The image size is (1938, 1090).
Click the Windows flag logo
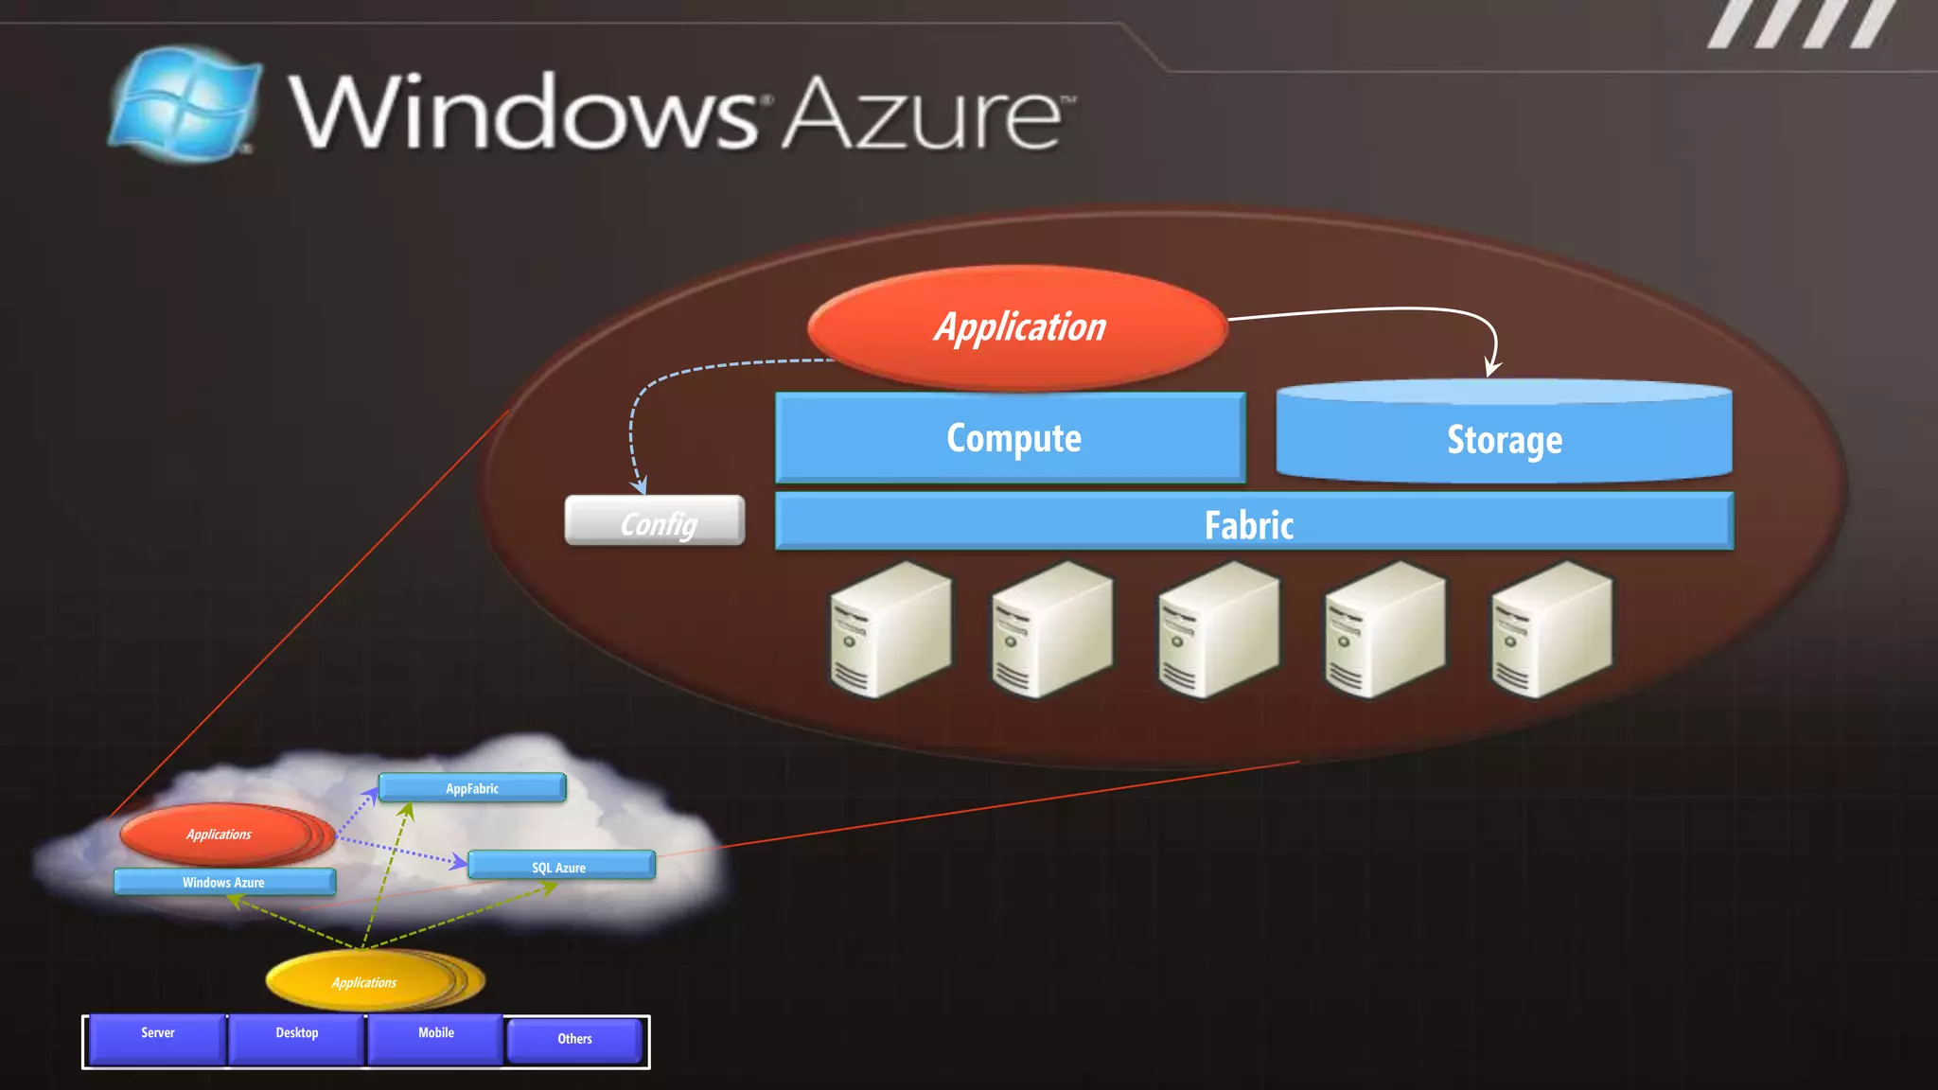(185, 104)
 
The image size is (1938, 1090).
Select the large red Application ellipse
(1017, 327)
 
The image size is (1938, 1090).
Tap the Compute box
(1011, 438)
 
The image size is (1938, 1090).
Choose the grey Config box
(655, 521)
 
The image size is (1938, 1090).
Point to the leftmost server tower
(890, 630)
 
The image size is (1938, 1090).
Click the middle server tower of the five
(1218, 630)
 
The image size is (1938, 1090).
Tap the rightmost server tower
(1551, 630)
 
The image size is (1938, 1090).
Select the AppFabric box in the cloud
(472, 788)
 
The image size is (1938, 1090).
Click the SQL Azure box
(560, 867)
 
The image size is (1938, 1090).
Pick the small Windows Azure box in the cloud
(224, 882)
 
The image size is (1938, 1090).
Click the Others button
(574, 1041)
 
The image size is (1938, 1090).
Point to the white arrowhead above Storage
(1492, 368)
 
